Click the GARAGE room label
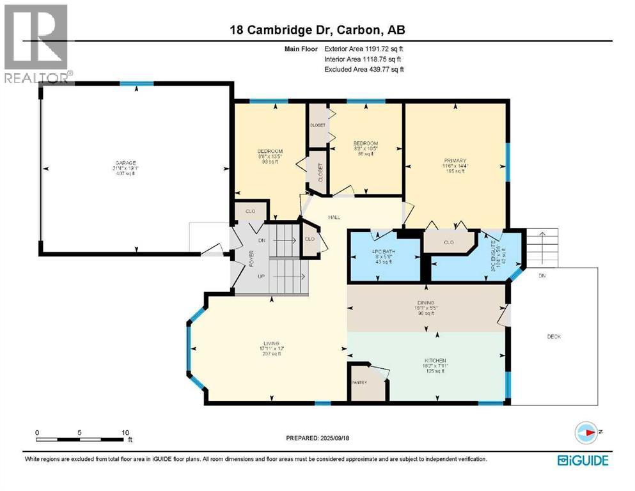point(126,164)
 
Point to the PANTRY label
point(358,382)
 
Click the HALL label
point(334,217)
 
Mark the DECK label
point(554,336)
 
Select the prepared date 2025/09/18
point(317,439)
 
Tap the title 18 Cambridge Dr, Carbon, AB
point(317,30)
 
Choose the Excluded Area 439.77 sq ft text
point(364,69)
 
